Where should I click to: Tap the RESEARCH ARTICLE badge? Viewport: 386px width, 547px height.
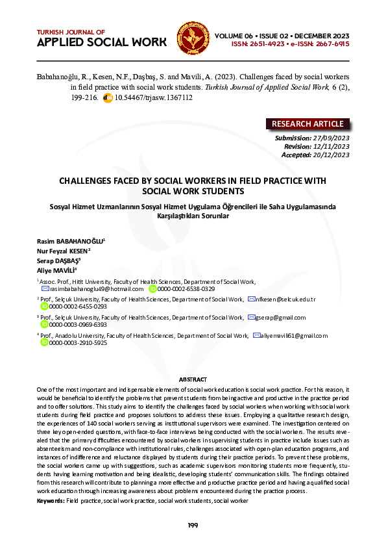pyautogui.click(x=308, y=124)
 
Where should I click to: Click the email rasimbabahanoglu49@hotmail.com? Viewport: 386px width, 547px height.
pyautogui.click(x=95, y=288)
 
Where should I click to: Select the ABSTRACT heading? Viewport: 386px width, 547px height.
pyautogui.click(x=193, y=379)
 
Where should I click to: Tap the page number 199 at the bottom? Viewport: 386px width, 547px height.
pyautogui.click(x=193, y=525)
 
